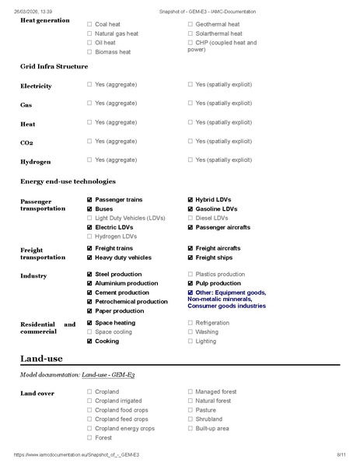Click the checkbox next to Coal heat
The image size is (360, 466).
[x=89, y=25]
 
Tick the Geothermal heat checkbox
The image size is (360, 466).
[x=190, y=25]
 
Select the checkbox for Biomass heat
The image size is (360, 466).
[x=89, y=52]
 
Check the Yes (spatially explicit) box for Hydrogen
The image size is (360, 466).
[x=190, y=159]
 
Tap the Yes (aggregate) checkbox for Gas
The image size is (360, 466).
[x=89, y=103]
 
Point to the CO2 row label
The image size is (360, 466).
[x=26, y=142]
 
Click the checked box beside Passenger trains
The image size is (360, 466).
[x=89, y=200]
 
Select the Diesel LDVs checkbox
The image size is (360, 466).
[x=190, y=219]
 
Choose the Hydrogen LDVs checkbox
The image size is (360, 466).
[x=89, y=236]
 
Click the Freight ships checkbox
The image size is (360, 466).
[x=190, y=258]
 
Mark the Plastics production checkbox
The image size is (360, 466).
[x=190, y=275]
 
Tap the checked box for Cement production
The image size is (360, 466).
[x=89, y=293]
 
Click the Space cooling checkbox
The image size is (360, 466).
[x=89, y=332]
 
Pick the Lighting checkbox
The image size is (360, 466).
[x=190, y=342]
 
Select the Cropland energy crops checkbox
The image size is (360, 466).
[x=89, y=429]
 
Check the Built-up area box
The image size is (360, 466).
[x=190, y=429]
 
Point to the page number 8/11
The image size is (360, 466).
[x=340, y=454]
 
